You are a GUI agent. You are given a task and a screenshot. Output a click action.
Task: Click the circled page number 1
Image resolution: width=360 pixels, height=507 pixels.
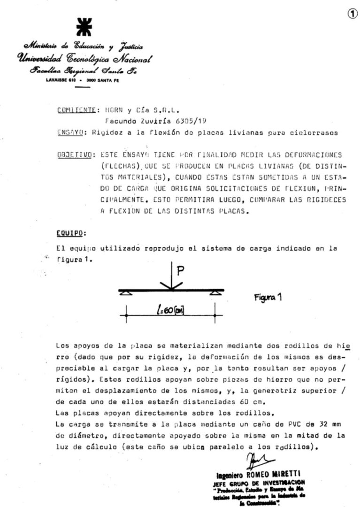(352, 14)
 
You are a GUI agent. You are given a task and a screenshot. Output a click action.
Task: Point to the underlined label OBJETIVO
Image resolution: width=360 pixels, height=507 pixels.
(75, 154)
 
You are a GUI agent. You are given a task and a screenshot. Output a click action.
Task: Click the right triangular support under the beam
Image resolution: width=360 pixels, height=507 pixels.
(215, 293)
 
